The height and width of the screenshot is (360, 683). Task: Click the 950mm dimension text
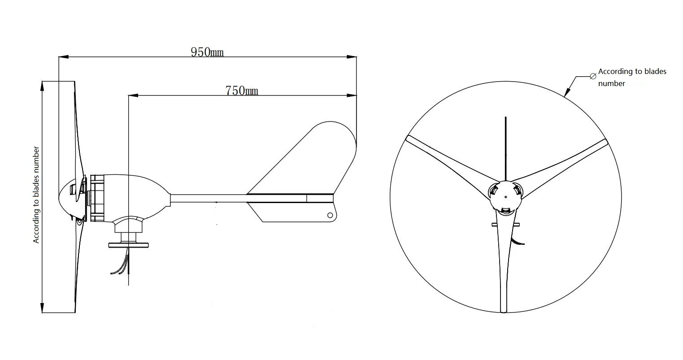tap(207, 52)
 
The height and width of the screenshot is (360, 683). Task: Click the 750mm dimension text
tap(242, 91)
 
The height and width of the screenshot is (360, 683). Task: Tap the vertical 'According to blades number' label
tap(37, 195)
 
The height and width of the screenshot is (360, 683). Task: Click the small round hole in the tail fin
tap(331, 215)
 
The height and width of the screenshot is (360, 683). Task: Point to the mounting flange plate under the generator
tap(128, 245)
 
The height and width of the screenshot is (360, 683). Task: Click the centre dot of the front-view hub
tap(505, 196)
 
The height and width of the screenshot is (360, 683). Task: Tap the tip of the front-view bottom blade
tap(504, 309)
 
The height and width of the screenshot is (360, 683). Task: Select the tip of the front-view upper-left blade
tap(408, 138)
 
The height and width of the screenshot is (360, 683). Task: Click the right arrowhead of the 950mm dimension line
tap(353, 57)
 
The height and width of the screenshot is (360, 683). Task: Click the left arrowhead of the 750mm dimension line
tap(132, 95)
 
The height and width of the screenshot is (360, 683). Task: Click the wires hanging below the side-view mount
tap(121, 265)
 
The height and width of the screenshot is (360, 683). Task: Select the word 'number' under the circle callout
tap(611, 83)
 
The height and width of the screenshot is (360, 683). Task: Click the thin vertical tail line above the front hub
tap(505, 148)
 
